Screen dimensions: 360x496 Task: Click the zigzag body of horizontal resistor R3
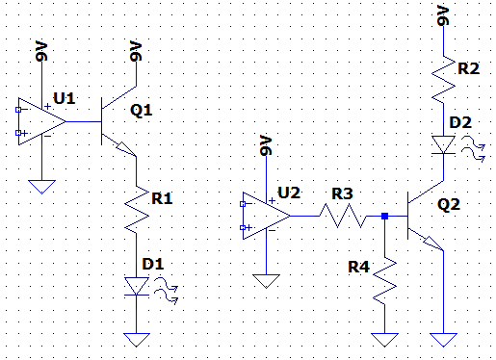342,216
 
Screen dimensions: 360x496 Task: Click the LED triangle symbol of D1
139,286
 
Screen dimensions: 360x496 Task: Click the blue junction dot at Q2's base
385,216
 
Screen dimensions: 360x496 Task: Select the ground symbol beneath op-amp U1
41,185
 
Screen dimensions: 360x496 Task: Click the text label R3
342,194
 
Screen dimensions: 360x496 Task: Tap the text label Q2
449,205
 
